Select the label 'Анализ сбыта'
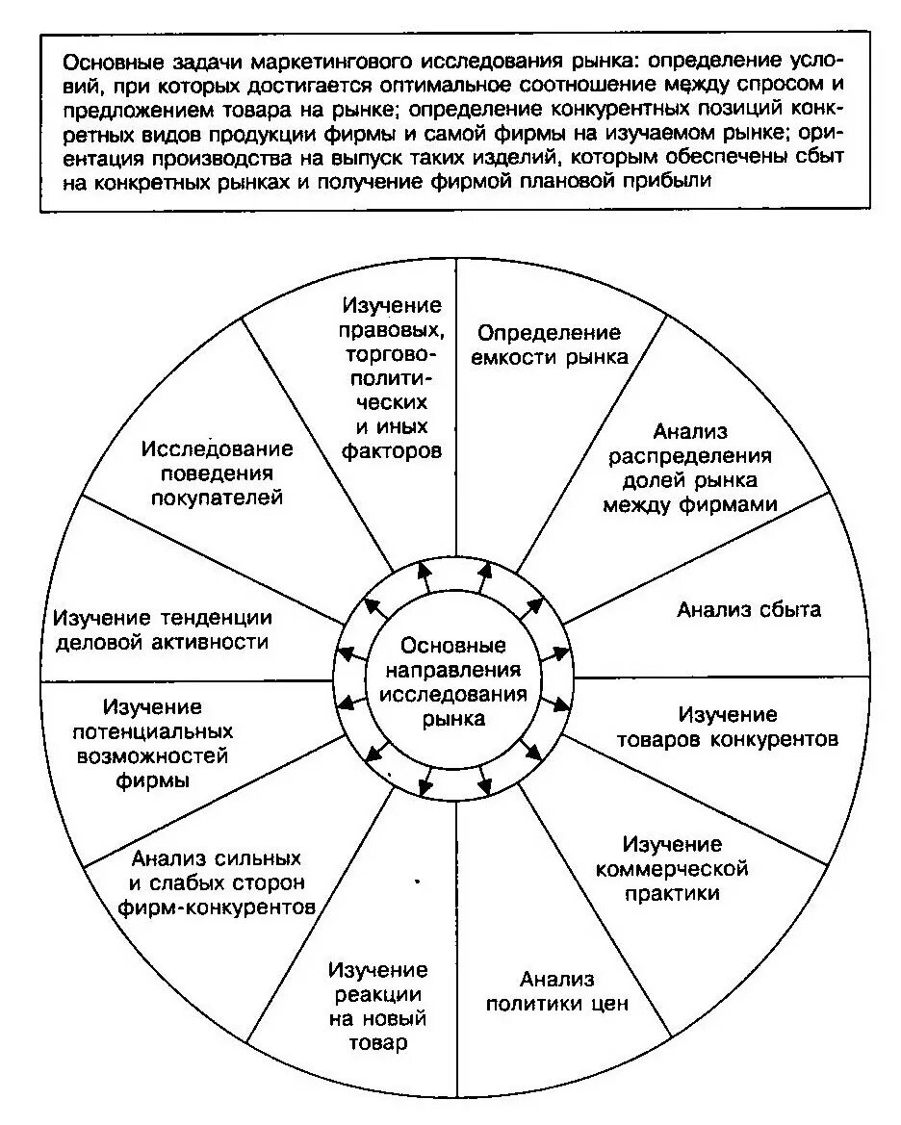[x=748, y=609]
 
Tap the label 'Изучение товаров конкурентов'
[x=728, y=728]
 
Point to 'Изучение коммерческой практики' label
[x=671, y=868]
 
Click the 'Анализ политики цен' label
[x=556, y=991]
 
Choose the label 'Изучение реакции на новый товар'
[x=377, y=1006]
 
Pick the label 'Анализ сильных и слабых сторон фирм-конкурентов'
[x=217, y=882]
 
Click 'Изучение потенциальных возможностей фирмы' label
[x=152, y=744]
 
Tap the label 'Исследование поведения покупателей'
[x=217, y=473]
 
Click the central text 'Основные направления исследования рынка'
[x=452, y=680]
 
